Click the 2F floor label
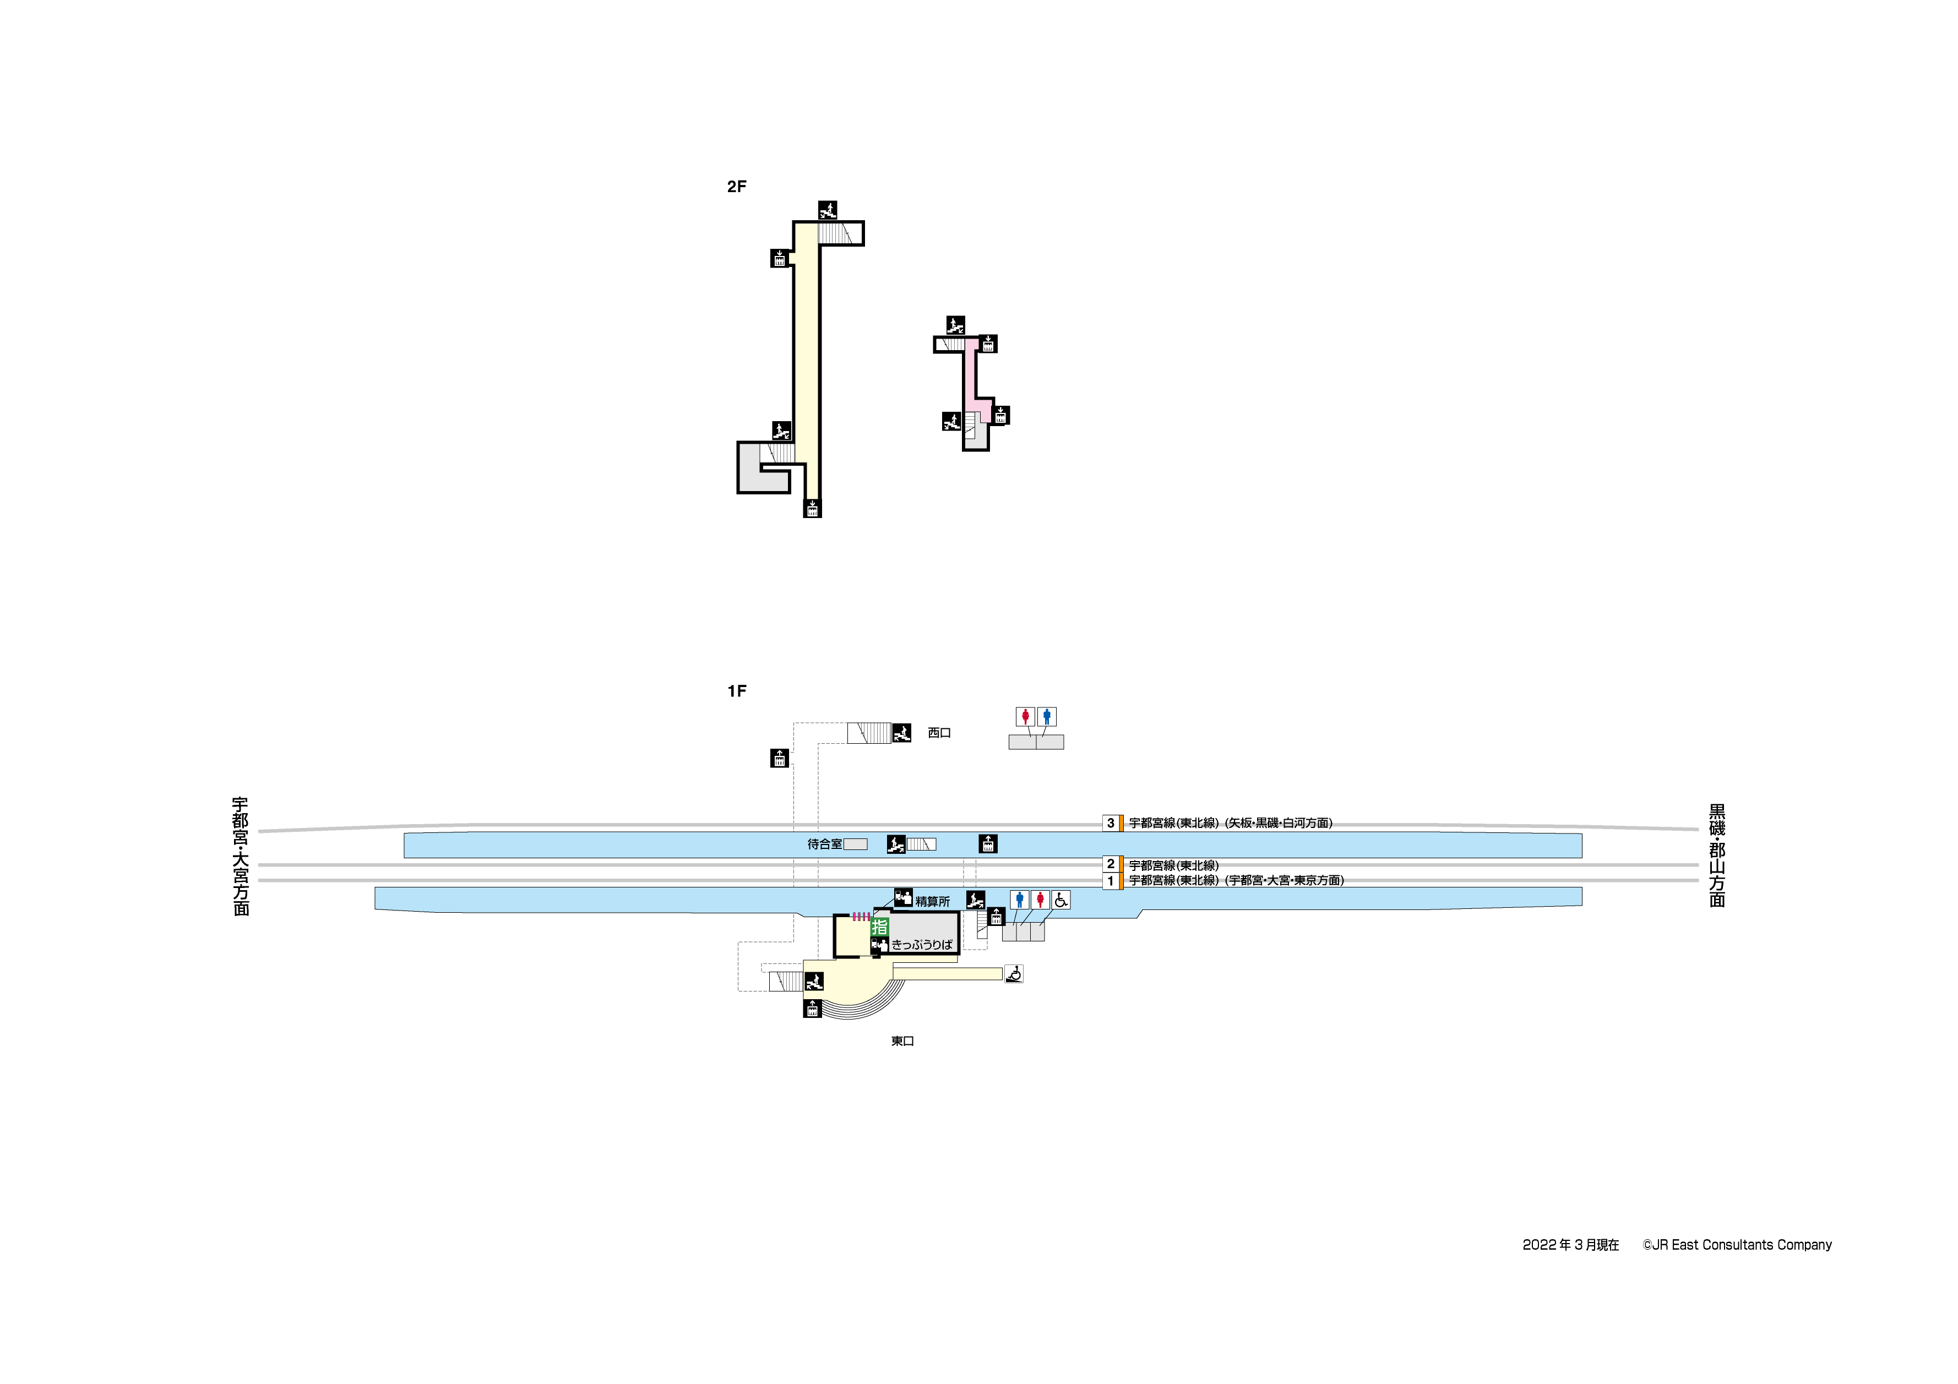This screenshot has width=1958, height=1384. click(x=736, y=187)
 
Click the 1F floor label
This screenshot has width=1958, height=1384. click(x=736, y=691)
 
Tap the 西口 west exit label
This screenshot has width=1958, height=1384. click(x=939, y=733)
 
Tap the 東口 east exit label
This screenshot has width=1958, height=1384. click(x=902, y=1041)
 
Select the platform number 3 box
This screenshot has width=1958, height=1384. click(x=1111, y=823)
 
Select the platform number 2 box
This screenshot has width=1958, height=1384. click(x=1111, y=864)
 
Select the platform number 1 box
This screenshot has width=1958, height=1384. click(x=1111, y=881)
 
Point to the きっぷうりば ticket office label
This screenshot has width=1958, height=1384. click(x=922, y=945)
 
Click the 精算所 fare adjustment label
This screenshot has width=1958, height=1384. click(x=932, y=901)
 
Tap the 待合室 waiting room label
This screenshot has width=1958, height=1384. click(x=825, y=844)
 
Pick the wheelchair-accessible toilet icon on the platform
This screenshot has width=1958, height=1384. click(x=1061, y=900)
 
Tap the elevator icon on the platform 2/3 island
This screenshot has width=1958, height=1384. click(x=987, y=843)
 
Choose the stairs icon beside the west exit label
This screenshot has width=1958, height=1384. click(x=901, y=733)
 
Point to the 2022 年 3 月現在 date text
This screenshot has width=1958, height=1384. click(x=1570, y=1245)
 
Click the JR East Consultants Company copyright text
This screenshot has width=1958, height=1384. click(x=1737, y=1245)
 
